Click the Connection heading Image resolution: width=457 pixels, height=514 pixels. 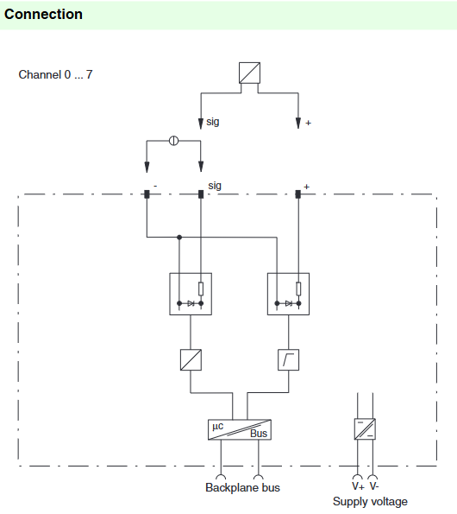tap(43, 14)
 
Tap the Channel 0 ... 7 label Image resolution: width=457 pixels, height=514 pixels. tap(55, 75)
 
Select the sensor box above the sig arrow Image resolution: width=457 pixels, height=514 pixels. tap(249, 73)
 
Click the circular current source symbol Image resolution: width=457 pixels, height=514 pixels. tap(173, 141)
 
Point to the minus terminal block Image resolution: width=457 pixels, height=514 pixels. tap(147, 194)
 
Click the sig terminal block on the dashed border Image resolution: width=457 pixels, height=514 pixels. tap(201, 194)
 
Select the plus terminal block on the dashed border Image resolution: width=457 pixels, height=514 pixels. tap(298, 194)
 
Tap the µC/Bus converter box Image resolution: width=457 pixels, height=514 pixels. tap(240, 429)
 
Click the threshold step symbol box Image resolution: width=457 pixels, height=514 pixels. tap(288, 360)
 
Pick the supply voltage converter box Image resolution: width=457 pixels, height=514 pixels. tap(365, 428)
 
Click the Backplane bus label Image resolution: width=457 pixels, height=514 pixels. tap(242, 487)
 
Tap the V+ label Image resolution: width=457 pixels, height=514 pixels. tap(358, 486)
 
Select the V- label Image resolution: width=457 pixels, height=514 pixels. tap(374, 485)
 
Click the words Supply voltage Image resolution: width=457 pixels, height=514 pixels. tap(370, 502)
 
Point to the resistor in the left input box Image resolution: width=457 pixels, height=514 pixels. tap(201, 289)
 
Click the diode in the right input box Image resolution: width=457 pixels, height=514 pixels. tap(289, 303)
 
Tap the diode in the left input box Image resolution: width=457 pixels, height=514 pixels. tap(191, 303)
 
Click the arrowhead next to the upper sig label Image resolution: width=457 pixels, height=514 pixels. tap(201, 124)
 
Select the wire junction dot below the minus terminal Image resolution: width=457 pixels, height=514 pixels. tap(179, 237)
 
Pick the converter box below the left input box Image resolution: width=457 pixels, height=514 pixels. tap(191, 360)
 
